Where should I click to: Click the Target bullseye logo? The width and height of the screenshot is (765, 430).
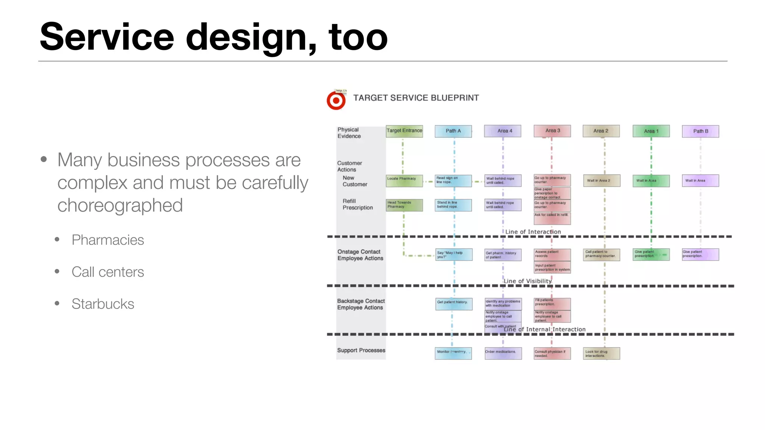tap(336, 100)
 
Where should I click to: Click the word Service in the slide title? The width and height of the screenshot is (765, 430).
tap(107, 37)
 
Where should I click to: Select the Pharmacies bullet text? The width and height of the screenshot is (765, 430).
tap(108, 240)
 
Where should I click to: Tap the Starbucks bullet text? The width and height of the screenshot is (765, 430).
tap(103, 304)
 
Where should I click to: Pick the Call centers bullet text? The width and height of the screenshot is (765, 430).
tap(108, 272)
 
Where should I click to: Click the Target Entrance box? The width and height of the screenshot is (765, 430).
tap(404, 131)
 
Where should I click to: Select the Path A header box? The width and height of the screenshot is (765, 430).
tap(453, 131)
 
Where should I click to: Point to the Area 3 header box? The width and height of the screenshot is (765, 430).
tap(552, 131)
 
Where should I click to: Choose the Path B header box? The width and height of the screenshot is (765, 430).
tap(700, 131)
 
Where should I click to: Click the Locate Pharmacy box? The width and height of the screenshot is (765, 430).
tap(404, 181)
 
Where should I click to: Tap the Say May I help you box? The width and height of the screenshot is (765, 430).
tap(454, 255)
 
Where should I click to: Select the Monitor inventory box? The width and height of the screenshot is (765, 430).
tap(453, 353)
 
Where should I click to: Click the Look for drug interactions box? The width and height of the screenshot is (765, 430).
tap(601, 353)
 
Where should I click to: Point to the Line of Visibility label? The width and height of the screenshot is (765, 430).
tap(527, 281)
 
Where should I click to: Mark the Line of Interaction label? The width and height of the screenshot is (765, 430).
tap(533, 232)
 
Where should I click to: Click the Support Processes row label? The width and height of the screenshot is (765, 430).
tap(361, 350)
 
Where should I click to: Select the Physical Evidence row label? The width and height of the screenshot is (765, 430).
tap(349, 133)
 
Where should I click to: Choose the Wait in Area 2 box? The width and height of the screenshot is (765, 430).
tap(601, 181)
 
